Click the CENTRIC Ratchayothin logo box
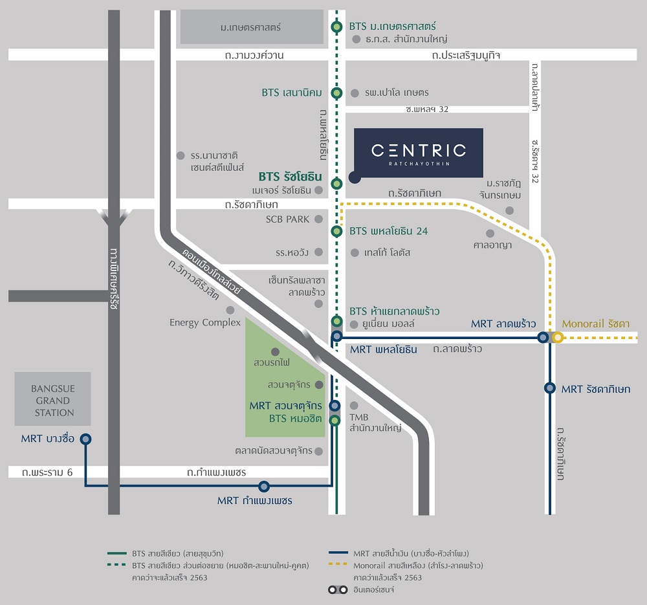coord(418,153)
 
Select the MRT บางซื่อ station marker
coord(85,439)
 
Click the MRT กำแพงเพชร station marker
coord(263,486)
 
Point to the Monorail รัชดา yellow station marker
coord(558,337)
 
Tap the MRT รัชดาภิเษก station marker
coord(550,388)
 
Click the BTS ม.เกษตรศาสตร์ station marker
coord(336,27)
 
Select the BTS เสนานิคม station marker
coord(336,93)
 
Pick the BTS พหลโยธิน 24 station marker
coord(336,231)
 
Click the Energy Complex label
coord(204,322)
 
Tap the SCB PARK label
coord(287,219)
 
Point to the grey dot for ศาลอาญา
coord(490,233)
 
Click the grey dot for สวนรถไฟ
coord(275,352)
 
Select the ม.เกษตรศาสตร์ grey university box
coord(252,27)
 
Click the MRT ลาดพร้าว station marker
coord(543,337)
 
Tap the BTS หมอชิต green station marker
coord(334,421)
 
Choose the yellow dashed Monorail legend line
coord(339,565)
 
